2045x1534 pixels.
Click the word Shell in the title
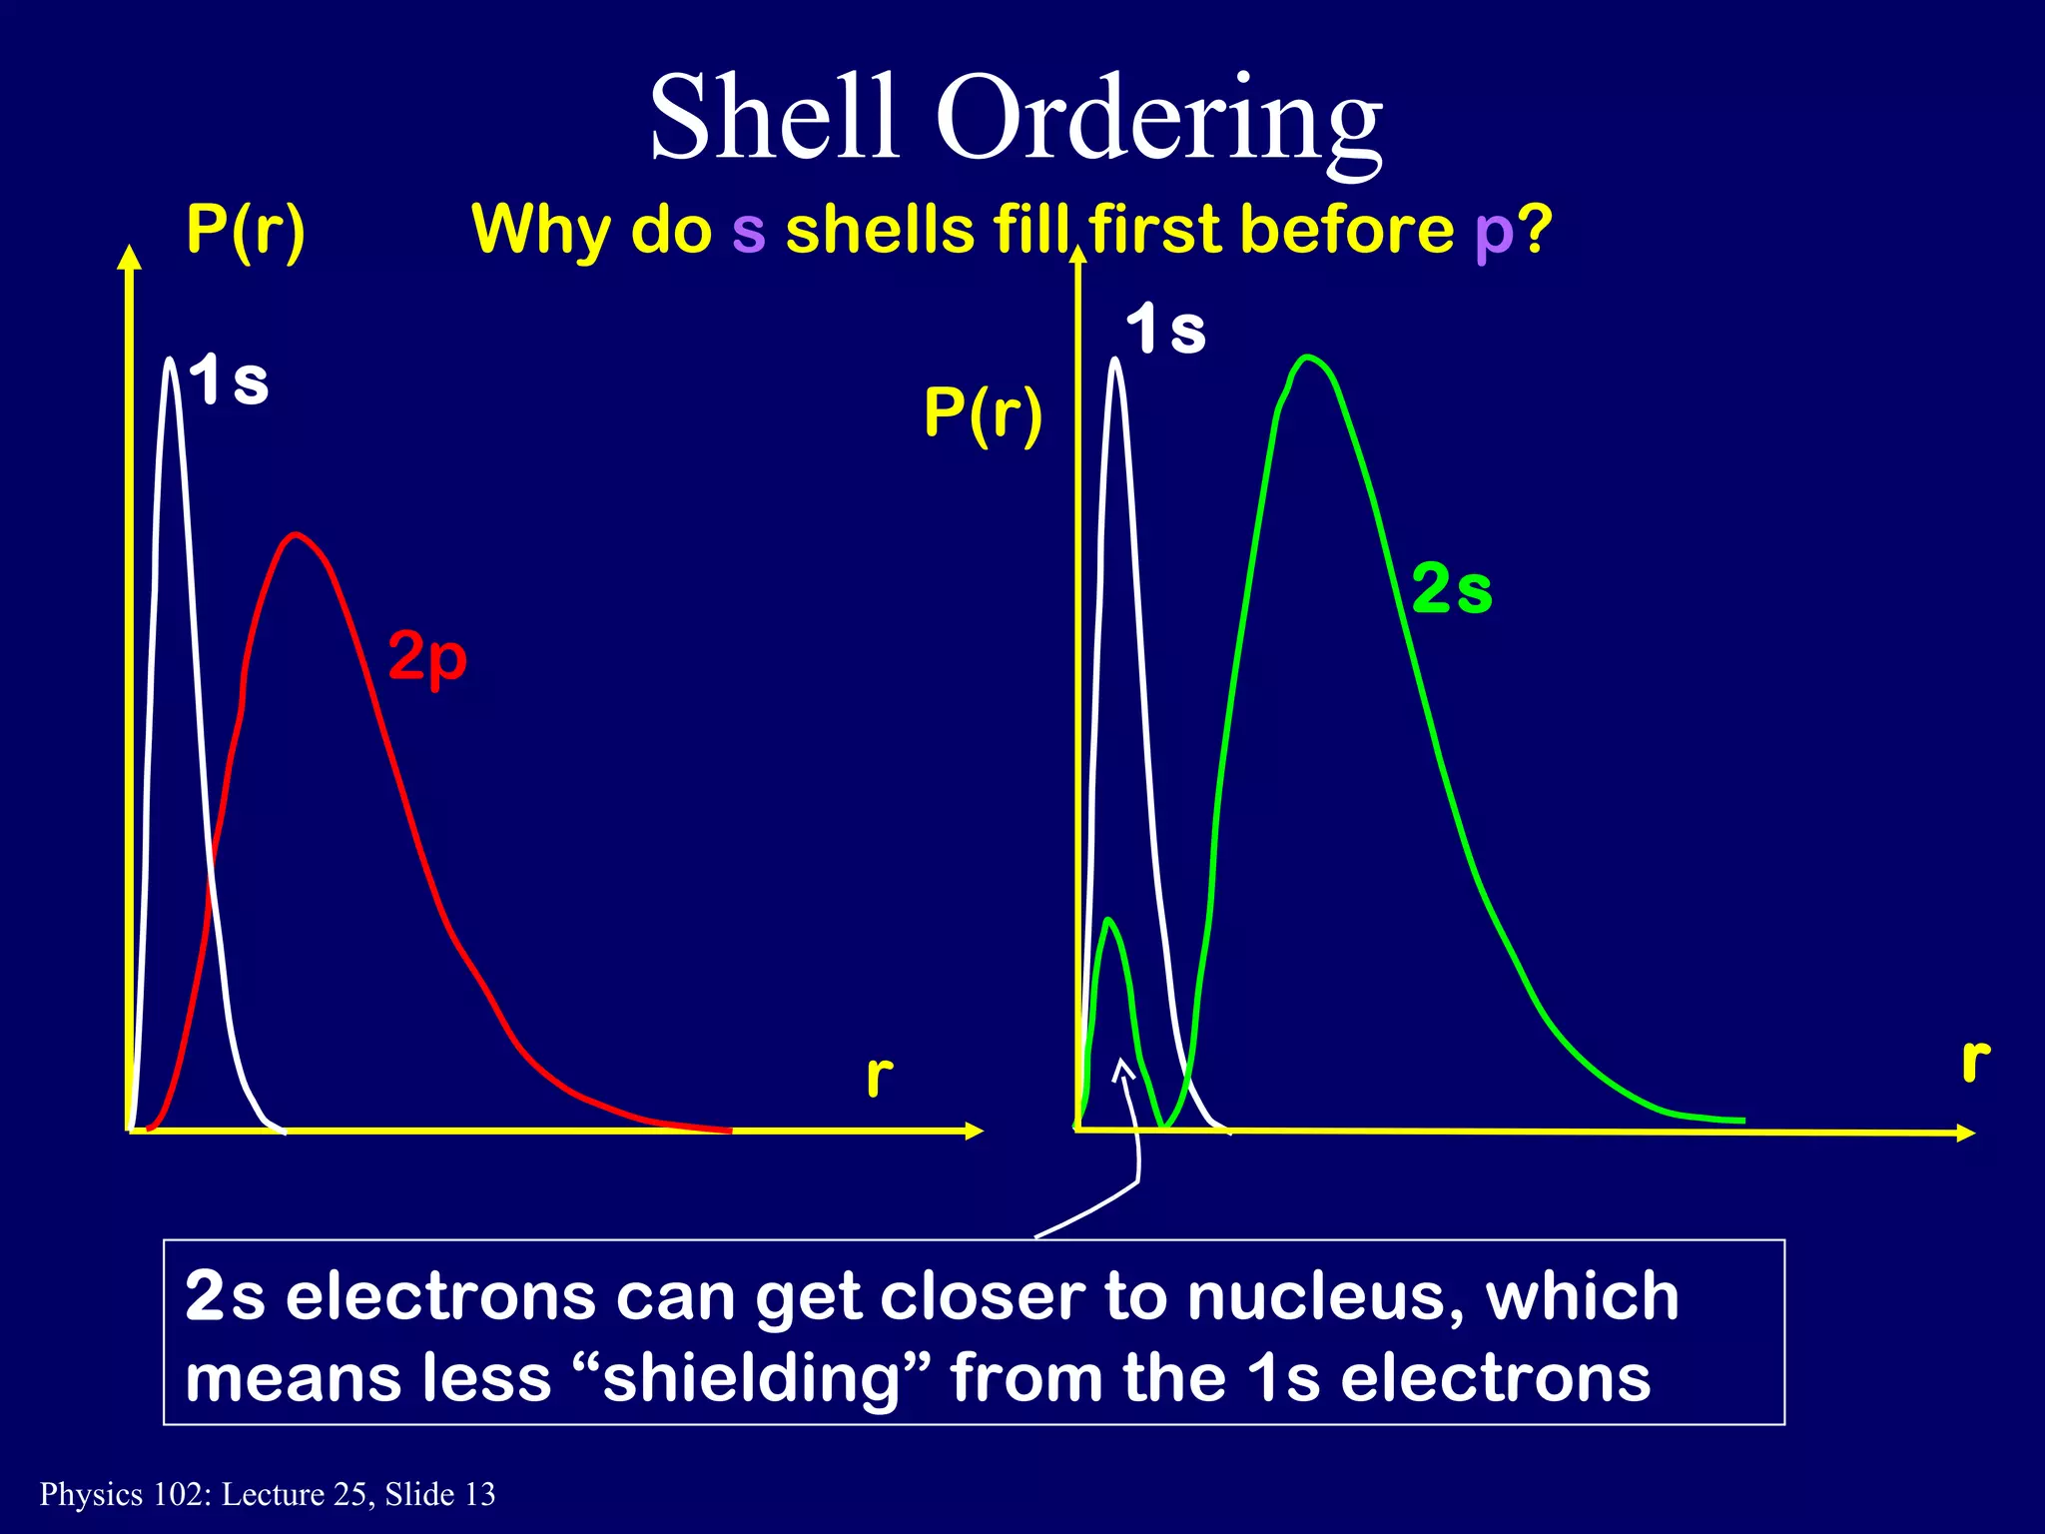773,118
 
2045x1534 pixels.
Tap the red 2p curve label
427,657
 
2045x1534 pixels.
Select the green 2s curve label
1452,589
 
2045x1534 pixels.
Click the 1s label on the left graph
230,381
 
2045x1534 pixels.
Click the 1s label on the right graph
1165,330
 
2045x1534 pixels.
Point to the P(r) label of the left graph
246,231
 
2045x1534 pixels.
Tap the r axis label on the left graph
879,1077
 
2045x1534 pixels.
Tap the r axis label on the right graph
1975,1061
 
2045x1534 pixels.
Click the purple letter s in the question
748,231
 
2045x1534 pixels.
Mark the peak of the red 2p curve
295,535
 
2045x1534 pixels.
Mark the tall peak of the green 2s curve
1307,358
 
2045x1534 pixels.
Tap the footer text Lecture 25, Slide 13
358,1495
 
